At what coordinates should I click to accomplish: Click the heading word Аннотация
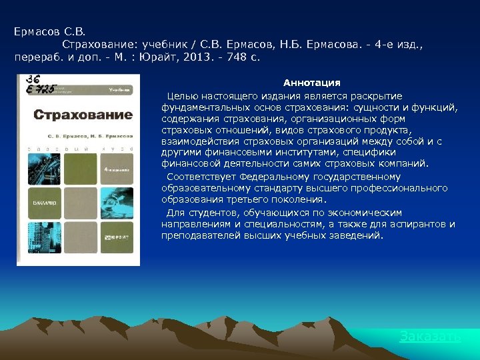coord(311,83)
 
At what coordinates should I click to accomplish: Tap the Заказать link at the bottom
coord(430,337)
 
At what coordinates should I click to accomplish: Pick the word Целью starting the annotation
coord(182,96)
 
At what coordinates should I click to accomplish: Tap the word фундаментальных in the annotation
coord(201,107)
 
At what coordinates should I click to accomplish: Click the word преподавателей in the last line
coord(197,235)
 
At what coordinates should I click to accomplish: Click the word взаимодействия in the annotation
coord(196,142)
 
